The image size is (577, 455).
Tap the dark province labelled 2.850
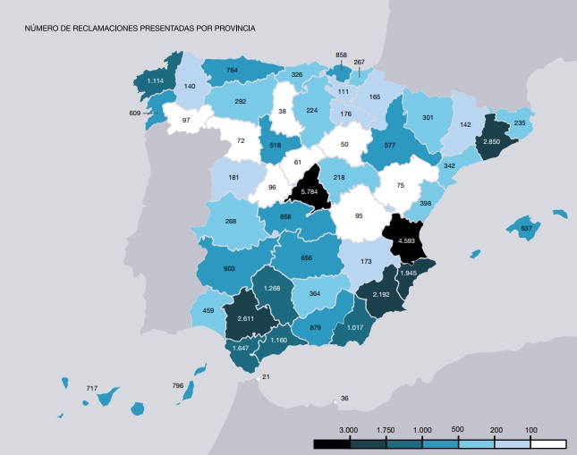(x=491, y=141)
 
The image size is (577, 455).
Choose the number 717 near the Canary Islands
(x=91, y=389)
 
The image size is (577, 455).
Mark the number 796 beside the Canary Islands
(x=178, y=386)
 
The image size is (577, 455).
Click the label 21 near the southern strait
(x=266, y=377)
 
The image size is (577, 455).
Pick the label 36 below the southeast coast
(x=344, y=399)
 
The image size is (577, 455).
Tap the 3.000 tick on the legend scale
(x=350, y=431)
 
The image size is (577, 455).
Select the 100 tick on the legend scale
(x=530, y=431)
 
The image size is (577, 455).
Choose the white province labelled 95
(x=359, y=215)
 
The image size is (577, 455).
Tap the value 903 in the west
(x=230, y=269)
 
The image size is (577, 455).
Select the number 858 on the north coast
(x=340, y=55)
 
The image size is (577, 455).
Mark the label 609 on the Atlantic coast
(x=136, y=113)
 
